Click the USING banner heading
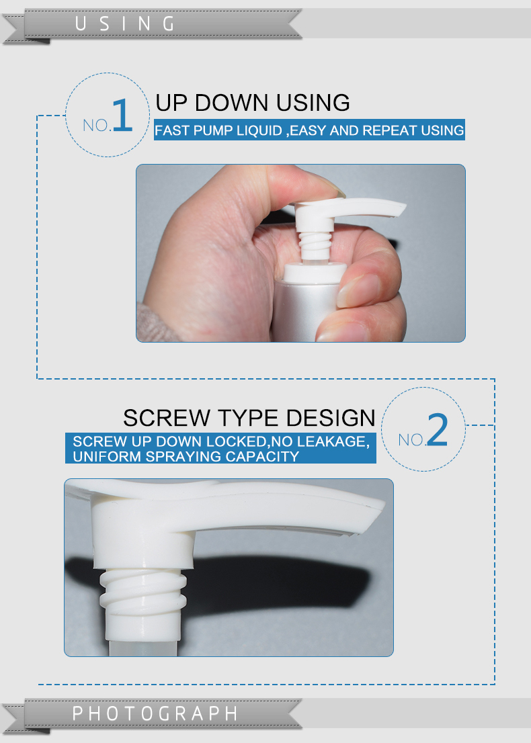pos(125,24)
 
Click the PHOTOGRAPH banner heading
pos(155,713)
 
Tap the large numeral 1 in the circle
pos(121,116)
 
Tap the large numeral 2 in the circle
pos(437,431)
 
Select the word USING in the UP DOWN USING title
pos(312,103)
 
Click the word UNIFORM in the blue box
pos(101,457)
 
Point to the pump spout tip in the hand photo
pos(399,209)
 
